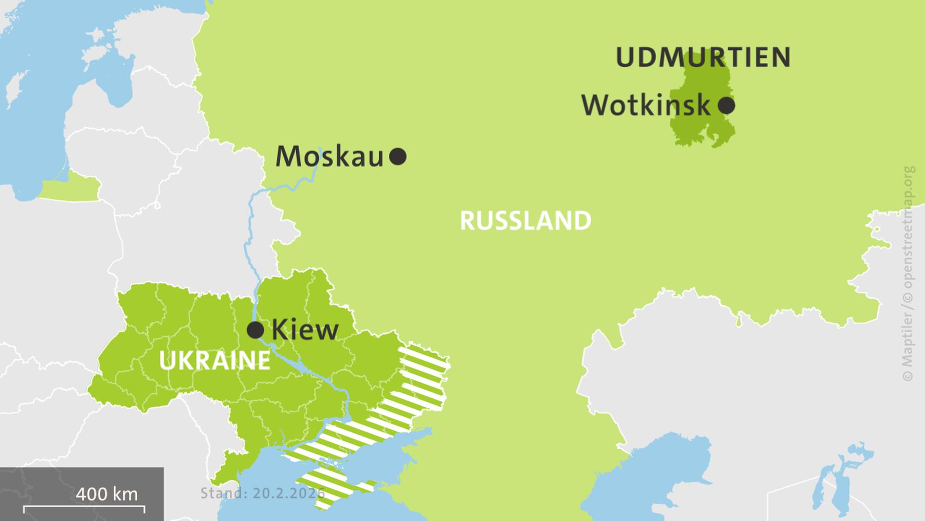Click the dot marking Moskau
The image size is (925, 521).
pyautogui.click(x=397, y=156)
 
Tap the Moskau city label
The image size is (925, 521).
pyautogui.click(x=330, y=157)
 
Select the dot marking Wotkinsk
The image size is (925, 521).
pyautogui.click(x=726, y=105)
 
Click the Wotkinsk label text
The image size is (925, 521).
pyautogui.click(x=646, y=105)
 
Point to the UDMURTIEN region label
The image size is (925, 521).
pyautogui.click(x=703, y=57)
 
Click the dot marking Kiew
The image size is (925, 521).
pyautogui.click(x=255, y=330)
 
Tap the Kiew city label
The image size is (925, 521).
pyautogui.click(x=305, y=330)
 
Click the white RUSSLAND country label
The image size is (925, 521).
pyautogui.click(x=525, y=221)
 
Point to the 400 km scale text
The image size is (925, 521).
pyautogui.click(x=106, y=494)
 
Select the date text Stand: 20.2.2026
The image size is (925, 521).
pyautogui.click(x=263, y=494)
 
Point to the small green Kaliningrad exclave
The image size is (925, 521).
pyautogui.click(x=70, y=189)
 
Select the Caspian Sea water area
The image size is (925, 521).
pyautogui.click(x=674, y=473)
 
